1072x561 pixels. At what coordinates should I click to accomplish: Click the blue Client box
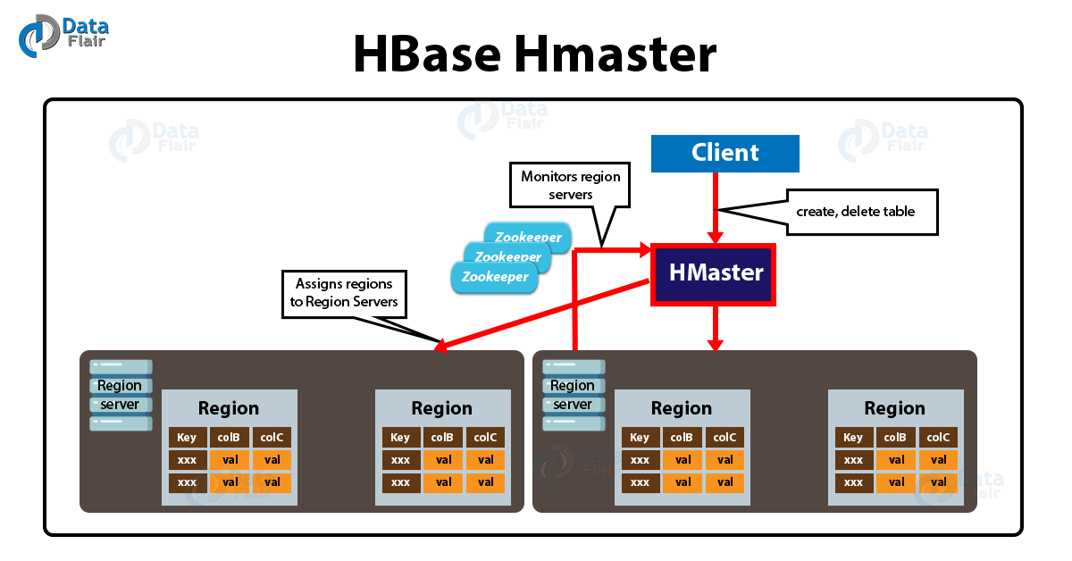(724, 154)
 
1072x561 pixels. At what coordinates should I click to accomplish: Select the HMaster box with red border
(713, 274)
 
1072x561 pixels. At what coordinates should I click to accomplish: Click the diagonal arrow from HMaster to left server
(545, 314)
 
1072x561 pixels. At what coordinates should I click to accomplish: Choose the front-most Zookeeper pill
(495, 277)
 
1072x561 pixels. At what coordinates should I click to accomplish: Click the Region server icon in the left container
(121, 395)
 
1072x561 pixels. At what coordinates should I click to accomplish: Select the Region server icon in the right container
(574, 395)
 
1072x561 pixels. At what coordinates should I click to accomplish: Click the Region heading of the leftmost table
(229, 408)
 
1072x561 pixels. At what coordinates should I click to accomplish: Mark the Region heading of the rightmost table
(894, 408)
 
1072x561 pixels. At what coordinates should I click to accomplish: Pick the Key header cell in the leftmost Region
(188, 438)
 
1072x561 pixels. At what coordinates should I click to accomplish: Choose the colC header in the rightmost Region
(938, 438)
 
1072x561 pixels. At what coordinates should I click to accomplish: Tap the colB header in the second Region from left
(443, 438)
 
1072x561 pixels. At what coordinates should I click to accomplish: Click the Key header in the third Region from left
(640, 438)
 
